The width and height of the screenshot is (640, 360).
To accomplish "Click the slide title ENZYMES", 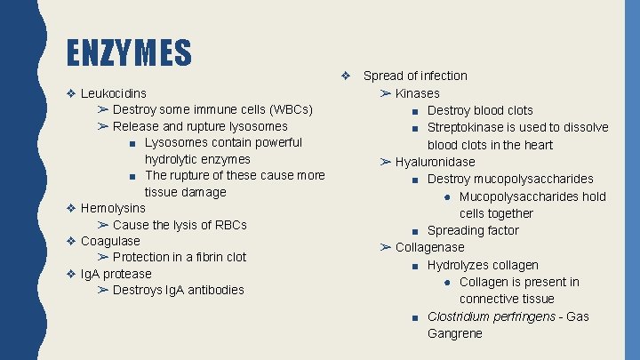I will [130, 52].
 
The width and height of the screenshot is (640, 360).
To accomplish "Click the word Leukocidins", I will [114, 92].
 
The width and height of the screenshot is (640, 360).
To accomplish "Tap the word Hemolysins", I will [113, 208].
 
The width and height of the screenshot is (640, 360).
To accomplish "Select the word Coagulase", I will [110, 241].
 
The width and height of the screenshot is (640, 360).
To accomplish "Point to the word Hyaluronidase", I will [436, 162].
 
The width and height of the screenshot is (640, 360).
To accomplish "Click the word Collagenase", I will [430, 247].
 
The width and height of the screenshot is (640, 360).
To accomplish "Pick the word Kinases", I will [418, 93].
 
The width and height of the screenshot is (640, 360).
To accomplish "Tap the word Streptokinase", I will [467, 127].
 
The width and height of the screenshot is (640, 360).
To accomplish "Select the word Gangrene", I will [455, 333].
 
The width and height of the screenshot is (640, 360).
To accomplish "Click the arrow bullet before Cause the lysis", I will [103, 225].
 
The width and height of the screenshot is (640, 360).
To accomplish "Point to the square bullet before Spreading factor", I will [416, 231].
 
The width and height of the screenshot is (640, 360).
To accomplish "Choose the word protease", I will [127, 274].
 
